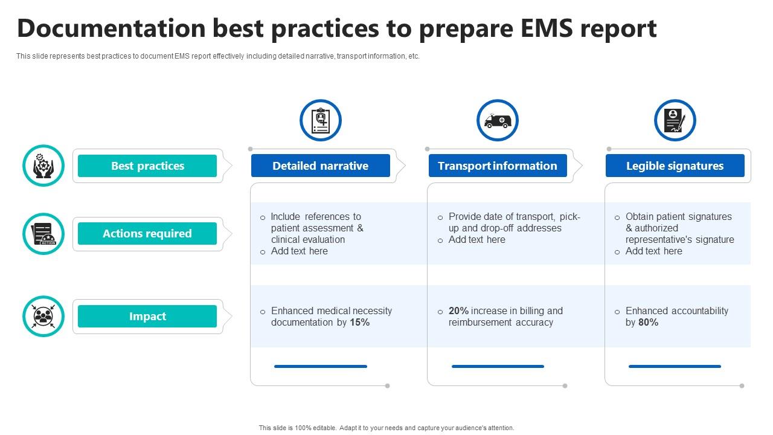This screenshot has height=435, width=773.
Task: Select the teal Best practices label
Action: [x=147, y=166]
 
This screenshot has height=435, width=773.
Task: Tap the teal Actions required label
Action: [x=147, y=234]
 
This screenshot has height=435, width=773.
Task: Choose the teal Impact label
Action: [x=147, y=317]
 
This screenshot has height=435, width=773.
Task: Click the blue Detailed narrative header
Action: [x=320, y=166]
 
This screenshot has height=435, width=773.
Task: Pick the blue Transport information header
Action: [x=498, y=166]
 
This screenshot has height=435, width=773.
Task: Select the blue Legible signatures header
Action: [x=675, y=166]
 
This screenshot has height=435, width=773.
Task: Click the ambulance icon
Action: [x=498, y=121]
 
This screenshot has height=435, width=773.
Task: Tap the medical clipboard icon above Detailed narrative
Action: [x=321, y=121]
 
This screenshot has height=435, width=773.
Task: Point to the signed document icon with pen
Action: [x=675, y=121]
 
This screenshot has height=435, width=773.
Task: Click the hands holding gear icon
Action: [x=43, y=166]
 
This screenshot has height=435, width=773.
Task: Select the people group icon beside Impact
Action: [x=43, y=316]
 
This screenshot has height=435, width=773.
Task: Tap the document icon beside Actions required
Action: [x=43, y=234]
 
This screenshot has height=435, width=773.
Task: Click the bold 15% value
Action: [x=359, y=323]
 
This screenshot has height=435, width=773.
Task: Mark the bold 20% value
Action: [x=458, y=311]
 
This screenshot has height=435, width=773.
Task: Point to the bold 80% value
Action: [x=648, y=323]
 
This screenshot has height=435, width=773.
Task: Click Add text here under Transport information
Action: [x=476, y=240]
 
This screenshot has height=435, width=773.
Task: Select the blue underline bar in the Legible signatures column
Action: [x=675, y=366]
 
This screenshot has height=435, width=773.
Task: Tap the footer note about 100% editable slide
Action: [x=386, y=428]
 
